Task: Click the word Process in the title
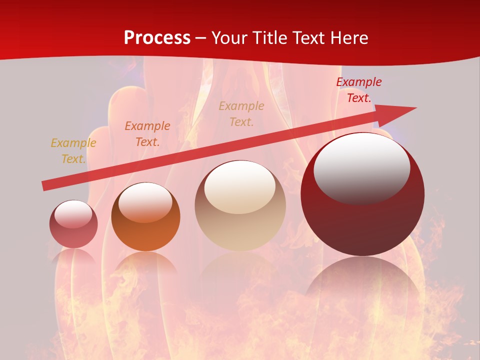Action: (x=157, y=38)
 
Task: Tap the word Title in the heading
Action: (x=267, y=38)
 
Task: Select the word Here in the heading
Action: (x=348, y=38)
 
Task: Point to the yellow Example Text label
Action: (x=73, y=151)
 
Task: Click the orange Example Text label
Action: (x=147, y=134)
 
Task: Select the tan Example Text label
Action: (x=241, y=114)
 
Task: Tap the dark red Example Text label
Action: (x=359, y=90)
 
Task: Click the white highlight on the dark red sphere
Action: (x=362, y=167)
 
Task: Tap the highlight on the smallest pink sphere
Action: (x=73, y=214)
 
